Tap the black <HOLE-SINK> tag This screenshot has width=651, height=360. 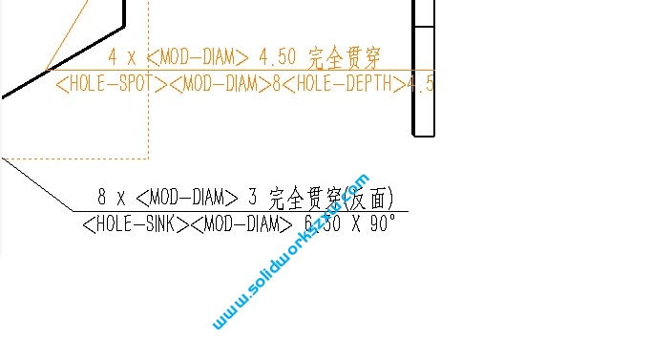point(135,225)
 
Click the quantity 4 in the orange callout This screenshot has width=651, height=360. point(113,56)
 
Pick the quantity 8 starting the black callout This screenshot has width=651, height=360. point(102,198)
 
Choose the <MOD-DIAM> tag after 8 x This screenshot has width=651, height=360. point(187,198)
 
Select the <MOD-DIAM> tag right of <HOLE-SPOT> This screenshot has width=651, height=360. point(220,84)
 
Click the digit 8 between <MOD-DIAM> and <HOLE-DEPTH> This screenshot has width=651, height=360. point(277,84)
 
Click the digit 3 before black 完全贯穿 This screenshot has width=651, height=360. point(253,198)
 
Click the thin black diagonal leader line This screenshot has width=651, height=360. point(38,184)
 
